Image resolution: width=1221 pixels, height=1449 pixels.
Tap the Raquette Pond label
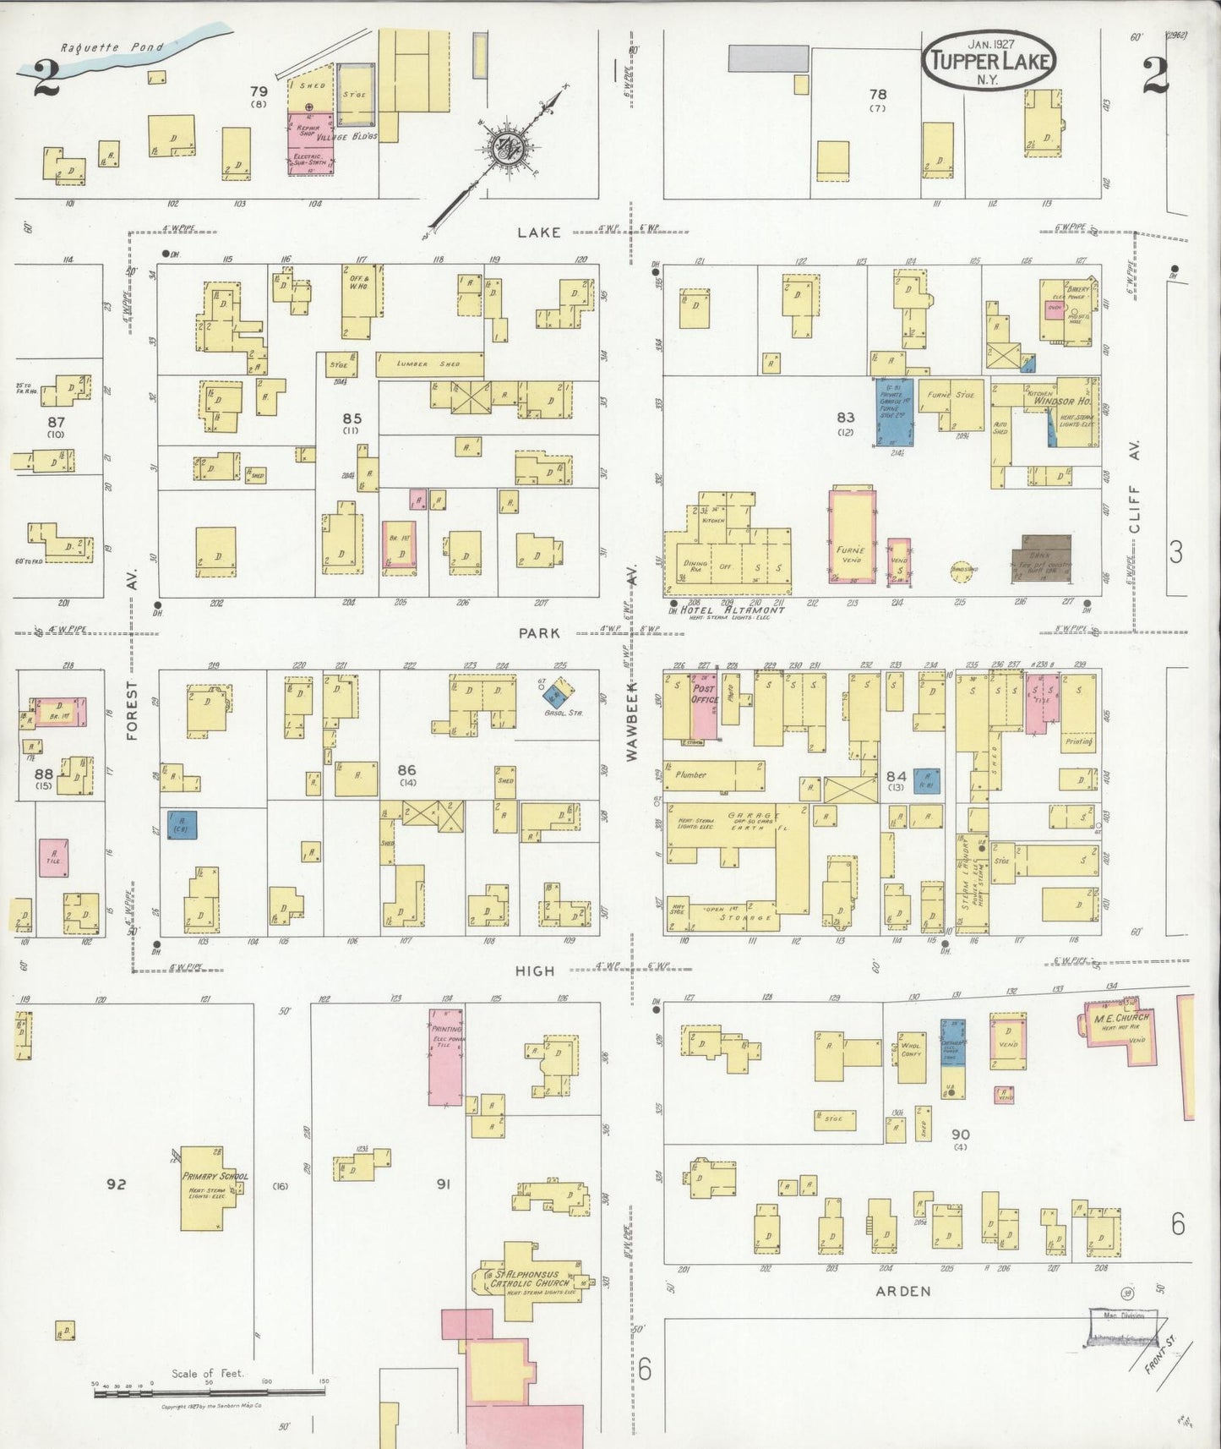pos(112,48)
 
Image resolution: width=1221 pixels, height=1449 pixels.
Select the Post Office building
pos(704,705)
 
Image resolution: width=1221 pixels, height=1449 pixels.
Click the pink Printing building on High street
pos(445,1056)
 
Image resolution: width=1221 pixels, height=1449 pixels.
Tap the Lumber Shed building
pos(429,364)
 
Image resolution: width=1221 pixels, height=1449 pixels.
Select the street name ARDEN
pos(902,1291)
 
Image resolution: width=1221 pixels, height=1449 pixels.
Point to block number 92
pos(116,1184)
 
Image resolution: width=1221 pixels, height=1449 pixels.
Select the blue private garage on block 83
pos(894,412)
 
